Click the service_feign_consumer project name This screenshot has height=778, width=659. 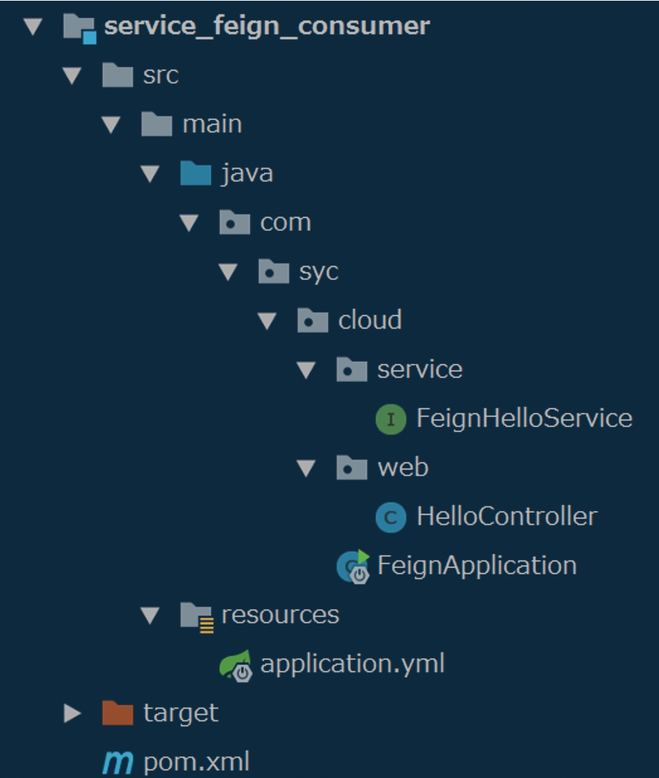point(267,27)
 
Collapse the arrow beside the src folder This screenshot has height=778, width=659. point(71,75)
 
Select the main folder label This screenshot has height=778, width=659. point(212,124)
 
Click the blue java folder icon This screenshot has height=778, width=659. point(196,174)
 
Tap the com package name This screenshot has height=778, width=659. point(285,222)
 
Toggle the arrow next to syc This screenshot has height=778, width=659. point(228,272)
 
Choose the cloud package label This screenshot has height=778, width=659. point(370,320)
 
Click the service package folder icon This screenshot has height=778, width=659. point(351,370)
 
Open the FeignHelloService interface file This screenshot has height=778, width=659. point(524,418)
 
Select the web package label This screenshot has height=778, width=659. point(403,467)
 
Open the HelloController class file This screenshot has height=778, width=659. point(506,516)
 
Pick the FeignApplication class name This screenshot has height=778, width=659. point(476,565)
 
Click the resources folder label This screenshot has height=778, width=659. point(280,614)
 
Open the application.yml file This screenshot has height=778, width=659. point(352,664)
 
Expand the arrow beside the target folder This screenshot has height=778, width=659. point(71,713)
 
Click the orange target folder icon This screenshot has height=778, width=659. point(118,713)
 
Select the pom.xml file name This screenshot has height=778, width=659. point(196,762)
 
